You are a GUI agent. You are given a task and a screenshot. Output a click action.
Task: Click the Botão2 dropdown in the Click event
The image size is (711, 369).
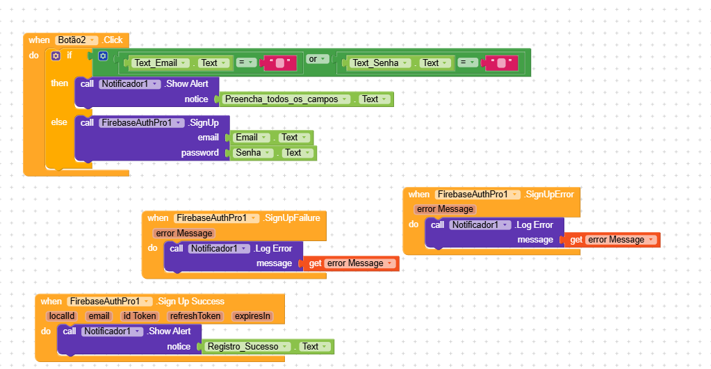point(76,40)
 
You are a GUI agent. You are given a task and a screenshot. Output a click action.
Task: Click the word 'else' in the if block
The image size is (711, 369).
point(59,122)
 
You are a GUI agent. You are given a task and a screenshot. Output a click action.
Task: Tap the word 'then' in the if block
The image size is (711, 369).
point(60,83)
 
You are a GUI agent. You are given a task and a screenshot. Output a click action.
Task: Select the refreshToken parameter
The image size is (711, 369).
point(195,316)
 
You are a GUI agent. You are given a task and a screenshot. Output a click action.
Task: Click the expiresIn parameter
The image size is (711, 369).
point(252,316)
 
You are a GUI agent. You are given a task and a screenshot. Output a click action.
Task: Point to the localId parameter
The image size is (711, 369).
point(61,316)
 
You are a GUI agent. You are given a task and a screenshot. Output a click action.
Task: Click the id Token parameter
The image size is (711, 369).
point(140,316)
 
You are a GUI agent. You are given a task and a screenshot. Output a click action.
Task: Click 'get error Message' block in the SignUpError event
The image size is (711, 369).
point(612,240)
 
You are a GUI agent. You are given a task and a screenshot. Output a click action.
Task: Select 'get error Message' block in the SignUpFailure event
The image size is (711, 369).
point(351,263)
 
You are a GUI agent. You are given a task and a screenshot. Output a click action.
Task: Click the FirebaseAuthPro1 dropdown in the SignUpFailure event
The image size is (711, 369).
point(216,218)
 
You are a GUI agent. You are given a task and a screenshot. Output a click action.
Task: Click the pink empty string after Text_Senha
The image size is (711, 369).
point(501,63)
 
